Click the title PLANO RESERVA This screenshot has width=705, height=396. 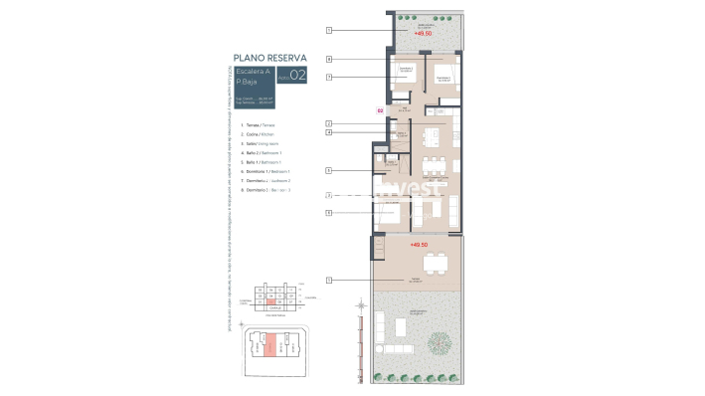tap(269, 58)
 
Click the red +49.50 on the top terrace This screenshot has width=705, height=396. tap(422, 34)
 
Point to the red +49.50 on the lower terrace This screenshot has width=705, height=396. tap(418, 244)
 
